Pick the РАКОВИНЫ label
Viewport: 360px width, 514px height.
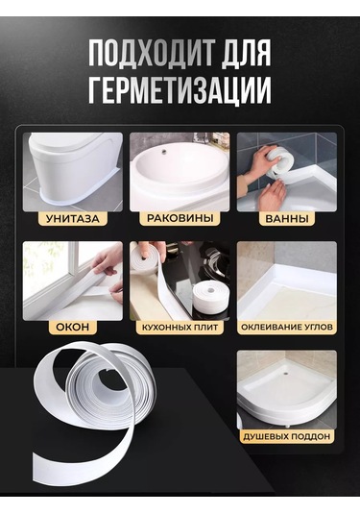(x=179, y=218)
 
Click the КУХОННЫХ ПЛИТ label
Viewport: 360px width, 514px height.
(x=179, y=327)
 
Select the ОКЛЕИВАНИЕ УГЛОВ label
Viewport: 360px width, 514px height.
(x=285, y=327)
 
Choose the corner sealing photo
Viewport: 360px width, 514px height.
(x=286, y=279)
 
